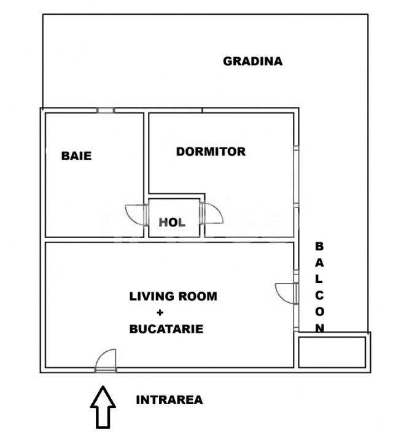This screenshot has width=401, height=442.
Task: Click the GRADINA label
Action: coord(252,61)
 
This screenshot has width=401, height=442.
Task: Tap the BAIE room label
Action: coord(76,156)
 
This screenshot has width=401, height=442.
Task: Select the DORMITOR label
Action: coord(211,151)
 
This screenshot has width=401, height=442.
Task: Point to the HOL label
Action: coord(172,222)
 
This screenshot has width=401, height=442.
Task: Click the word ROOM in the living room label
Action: coord(197,296)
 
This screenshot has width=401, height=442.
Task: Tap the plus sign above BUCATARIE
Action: coord(168,312)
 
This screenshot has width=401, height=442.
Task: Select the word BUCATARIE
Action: coord(166,329)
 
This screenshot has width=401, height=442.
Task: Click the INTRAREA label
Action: coord(169,400)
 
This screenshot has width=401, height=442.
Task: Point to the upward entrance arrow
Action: coord(103,406)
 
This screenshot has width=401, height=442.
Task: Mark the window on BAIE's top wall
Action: coord(106,110)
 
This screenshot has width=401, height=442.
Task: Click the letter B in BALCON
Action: coord(318,246)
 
